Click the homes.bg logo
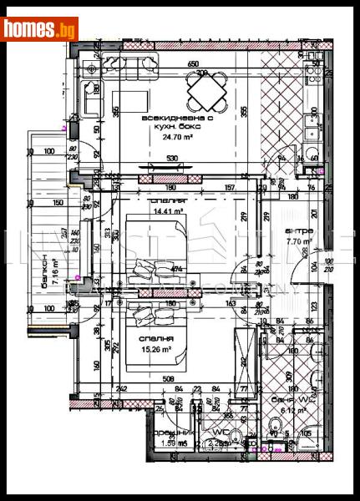pos(40,29)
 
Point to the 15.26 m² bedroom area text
pos(155,349)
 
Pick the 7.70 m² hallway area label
pos(297,243)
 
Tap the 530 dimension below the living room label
pos(172,159)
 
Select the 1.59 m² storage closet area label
pos(168,443)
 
